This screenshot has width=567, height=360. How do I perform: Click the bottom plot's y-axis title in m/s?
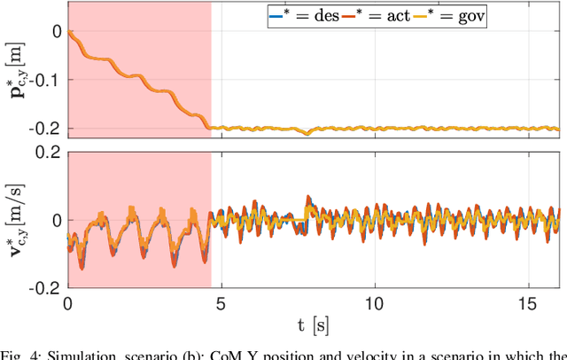coord(18,220)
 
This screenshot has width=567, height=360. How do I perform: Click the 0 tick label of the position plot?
coord(56,31)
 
